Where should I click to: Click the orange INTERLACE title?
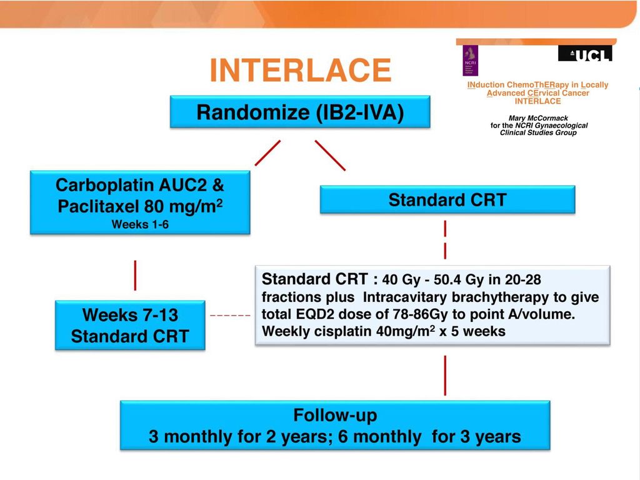tap(301, 70)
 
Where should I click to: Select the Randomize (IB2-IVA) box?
tap(300, 112)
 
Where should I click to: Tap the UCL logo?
tap(585, 54)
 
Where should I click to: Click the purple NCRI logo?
tap(470, 61)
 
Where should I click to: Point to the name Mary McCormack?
tap(538, 118)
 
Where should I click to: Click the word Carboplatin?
tap(104, 185)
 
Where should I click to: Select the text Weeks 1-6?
tap(140, 224)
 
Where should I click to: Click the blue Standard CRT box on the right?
tap(447, 199)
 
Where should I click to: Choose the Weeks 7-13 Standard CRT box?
tap(130, 325)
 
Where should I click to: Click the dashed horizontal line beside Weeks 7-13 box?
tap(230, 316)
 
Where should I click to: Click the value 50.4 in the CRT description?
tap(447, 279)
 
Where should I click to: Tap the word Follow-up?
tap(335, 415)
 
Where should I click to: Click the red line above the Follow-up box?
tap(445, 376)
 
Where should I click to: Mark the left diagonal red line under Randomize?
tap(267, 153)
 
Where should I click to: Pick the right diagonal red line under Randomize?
tap(330, 155)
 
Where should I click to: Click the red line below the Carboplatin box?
tap(135, 276)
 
